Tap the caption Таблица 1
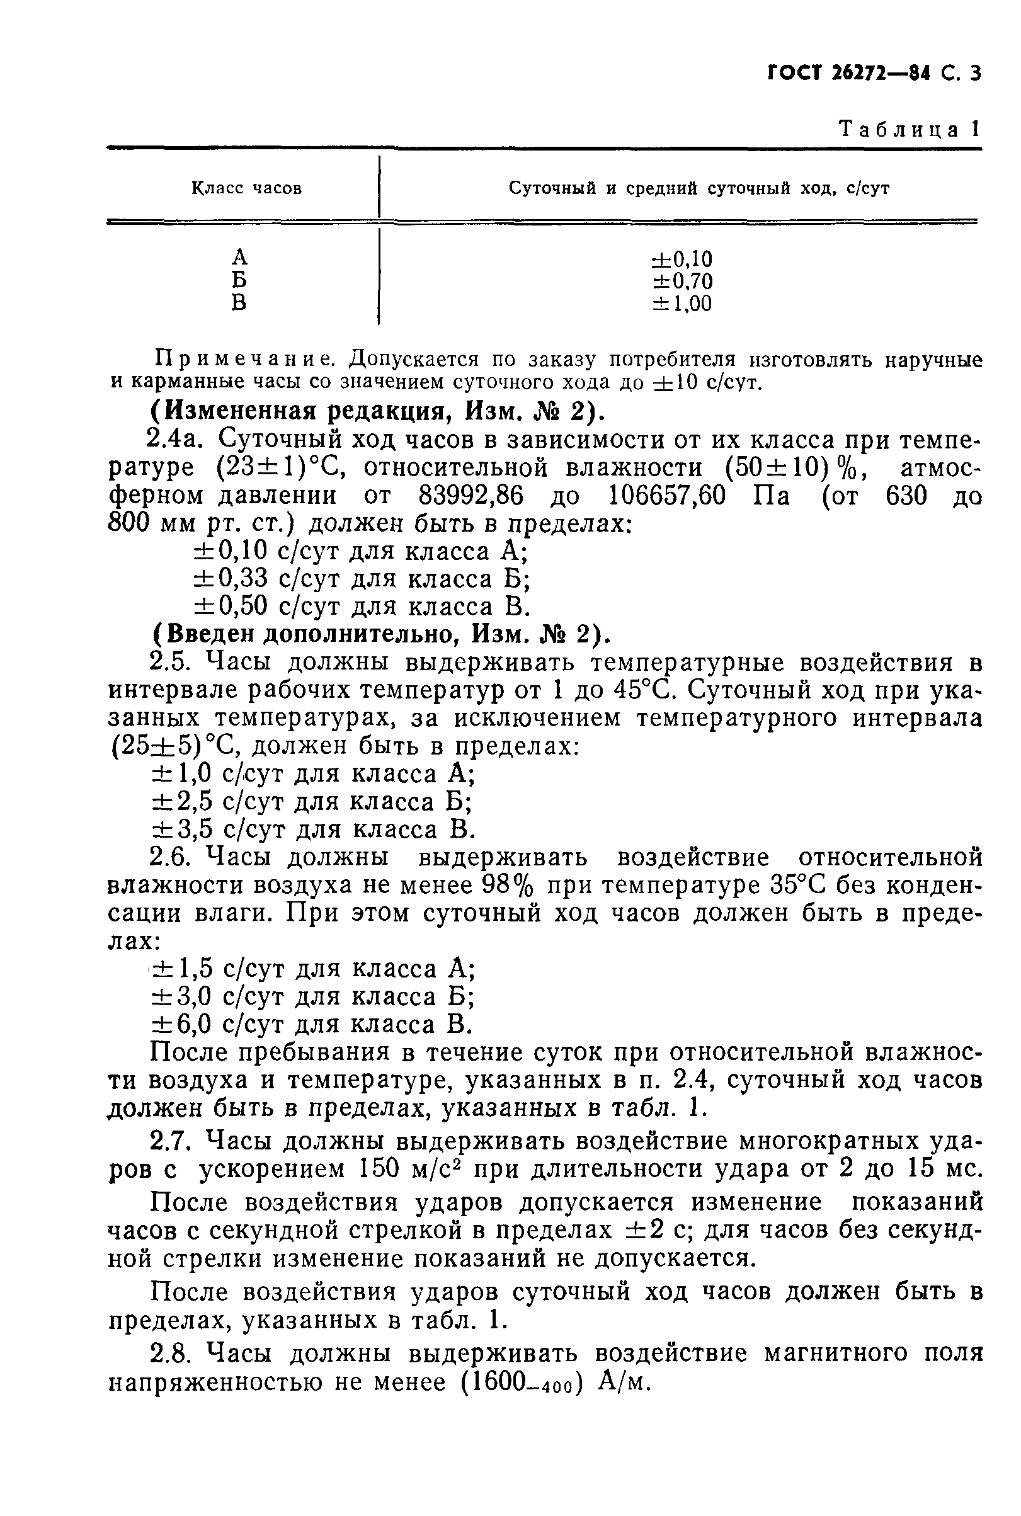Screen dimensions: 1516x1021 coord(909,129)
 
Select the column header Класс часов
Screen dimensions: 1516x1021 coord(246,188)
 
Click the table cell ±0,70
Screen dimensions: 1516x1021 coord(682,281)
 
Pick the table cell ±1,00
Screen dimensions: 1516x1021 coord(682,304)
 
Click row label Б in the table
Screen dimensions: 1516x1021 coord(239,280)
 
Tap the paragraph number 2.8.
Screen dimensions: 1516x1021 coord(169,1354)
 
